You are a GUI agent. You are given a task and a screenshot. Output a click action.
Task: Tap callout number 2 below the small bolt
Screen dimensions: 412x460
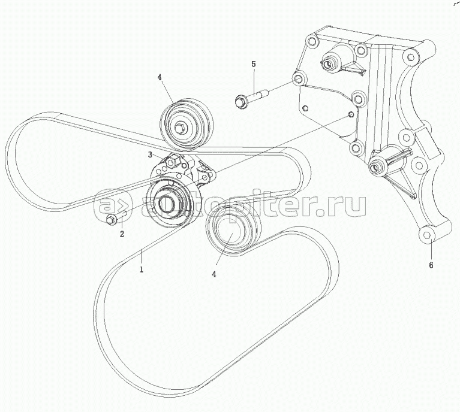[x=122, y=234]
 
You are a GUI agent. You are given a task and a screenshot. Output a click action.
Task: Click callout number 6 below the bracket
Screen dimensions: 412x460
[x=430, y=263]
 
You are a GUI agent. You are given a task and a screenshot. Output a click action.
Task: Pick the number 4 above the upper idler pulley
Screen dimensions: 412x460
[x=160, y=77]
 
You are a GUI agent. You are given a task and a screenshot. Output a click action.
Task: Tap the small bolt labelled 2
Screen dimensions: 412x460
[x=112, y=220]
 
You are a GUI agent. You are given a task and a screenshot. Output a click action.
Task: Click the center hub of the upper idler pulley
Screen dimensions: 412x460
[x=181, y=127]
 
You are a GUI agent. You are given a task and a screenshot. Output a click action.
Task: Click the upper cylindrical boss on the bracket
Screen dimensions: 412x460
[x=330, y=61]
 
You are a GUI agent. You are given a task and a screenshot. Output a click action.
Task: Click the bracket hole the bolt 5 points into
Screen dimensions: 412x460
[x=298, y=79]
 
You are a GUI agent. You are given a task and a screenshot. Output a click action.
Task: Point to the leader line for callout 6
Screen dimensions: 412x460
[x=429, y=249]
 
